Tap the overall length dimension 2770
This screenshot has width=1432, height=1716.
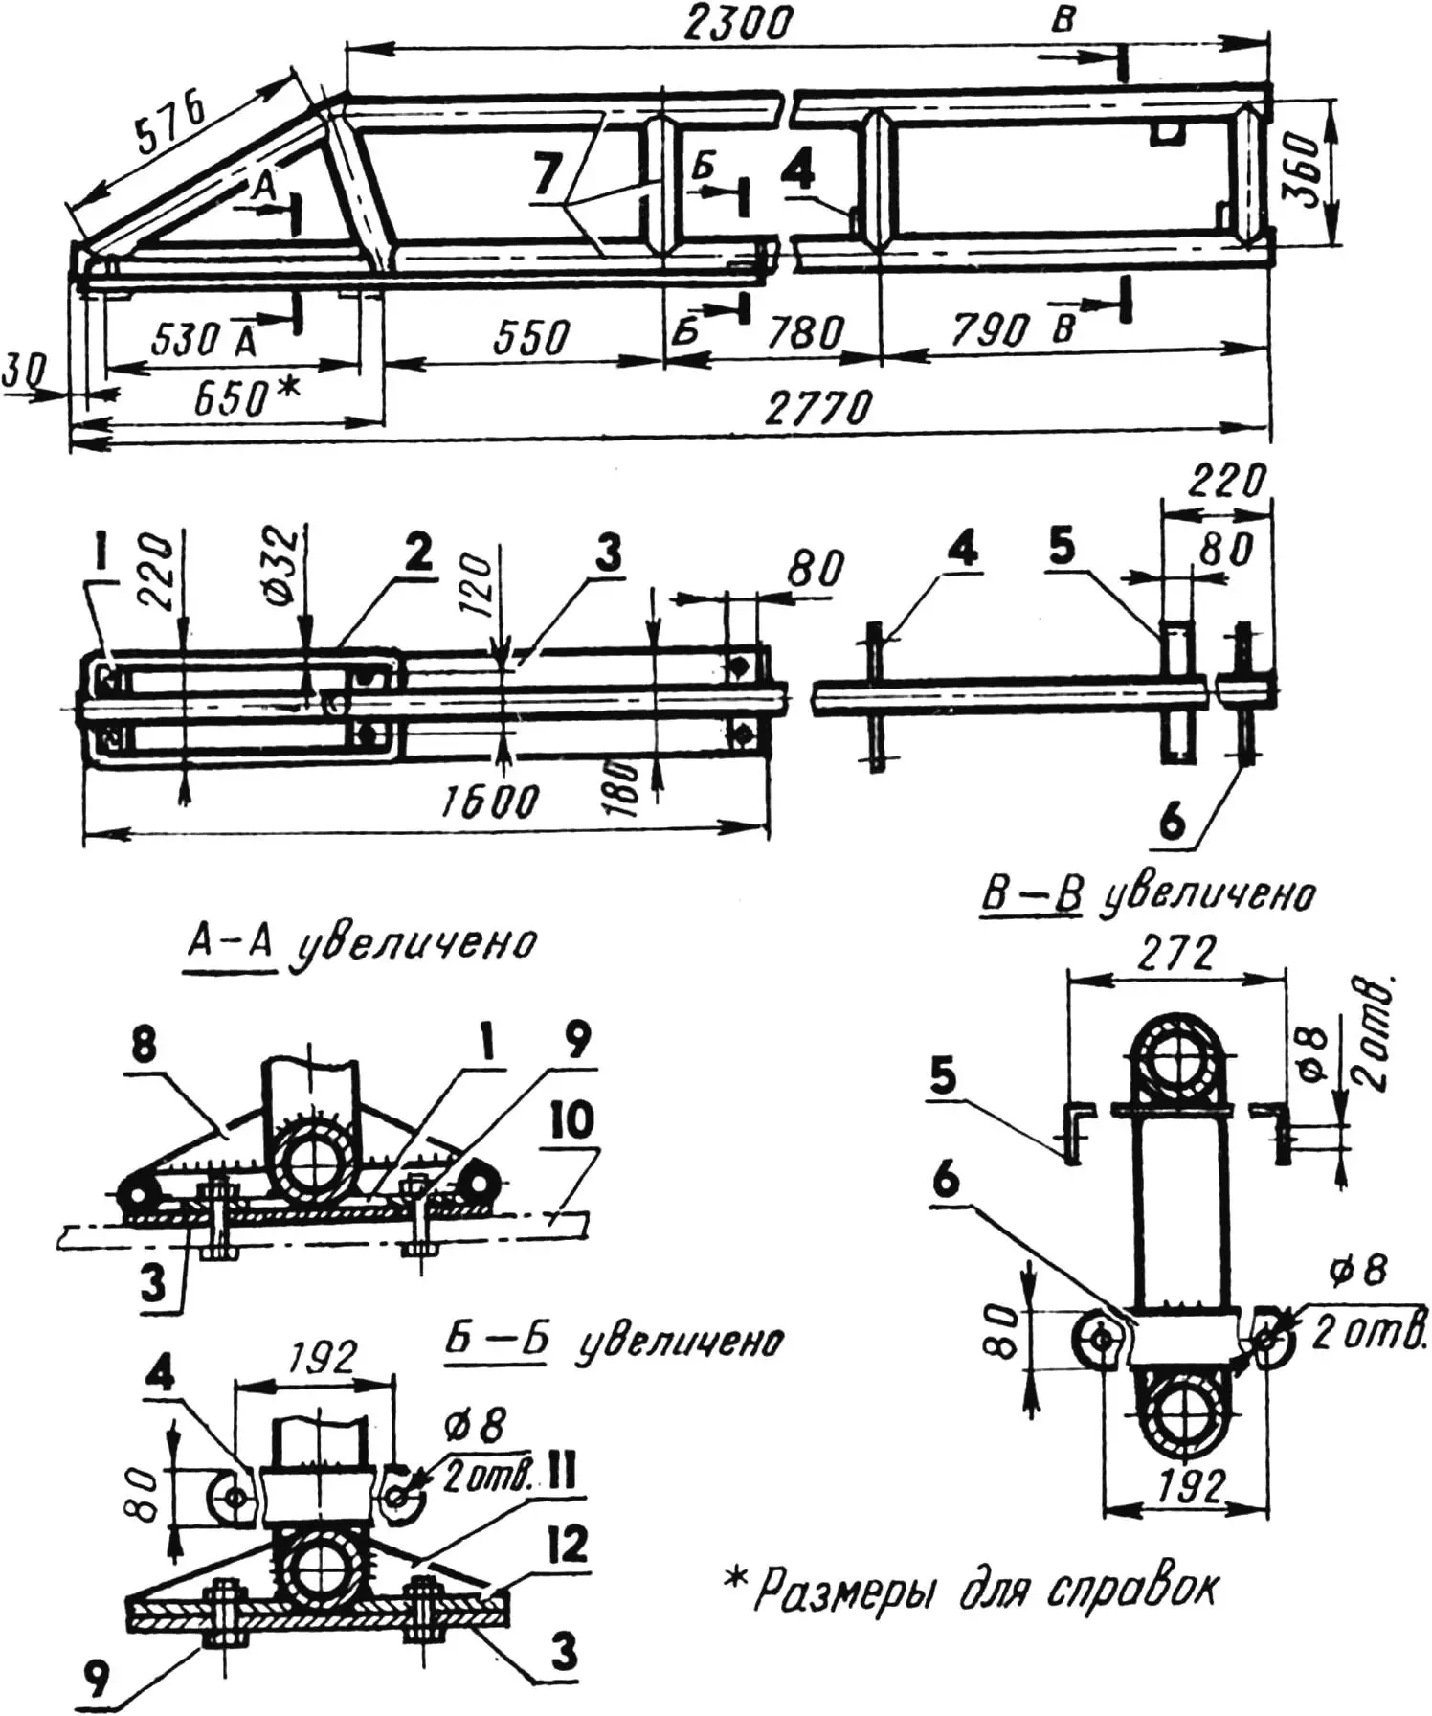[819, 409]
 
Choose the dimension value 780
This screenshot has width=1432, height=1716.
[806, 332]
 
